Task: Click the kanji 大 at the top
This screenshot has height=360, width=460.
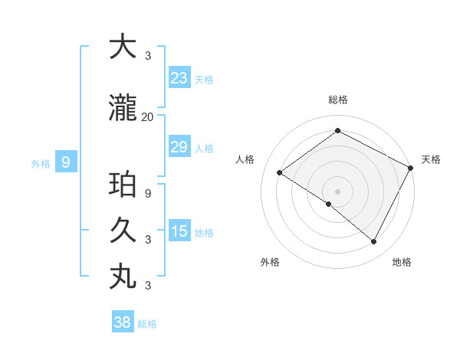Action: click(123, 47)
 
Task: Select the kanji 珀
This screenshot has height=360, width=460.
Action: click(123, 185)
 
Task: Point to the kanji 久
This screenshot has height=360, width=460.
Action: click(123, 230)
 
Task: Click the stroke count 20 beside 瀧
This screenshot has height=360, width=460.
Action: click(147, 117)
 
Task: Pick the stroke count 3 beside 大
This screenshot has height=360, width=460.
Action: click(147, 56)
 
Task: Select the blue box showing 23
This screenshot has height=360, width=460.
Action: click(179, 77)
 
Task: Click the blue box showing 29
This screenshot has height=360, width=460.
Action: click(179, 147)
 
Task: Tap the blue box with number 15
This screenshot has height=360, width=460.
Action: click(179, 231)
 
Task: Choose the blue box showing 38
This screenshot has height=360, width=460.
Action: click(123, 322)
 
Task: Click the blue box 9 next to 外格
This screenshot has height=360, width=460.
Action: click(67, 162)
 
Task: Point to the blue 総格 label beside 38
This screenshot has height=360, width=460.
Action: click(147, 324)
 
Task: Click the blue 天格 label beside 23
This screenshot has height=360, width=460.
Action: click(204, 79)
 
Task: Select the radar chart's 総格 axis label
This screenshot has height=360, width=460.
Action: click(337, 100)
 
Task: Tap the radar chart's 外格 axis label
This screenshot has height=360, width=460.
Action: click(270, 262)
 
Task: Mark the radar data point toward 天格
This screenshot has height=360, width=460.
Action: click(410, 168)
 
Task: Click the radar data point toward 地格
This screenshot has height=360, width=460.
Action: click(374, 241)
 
